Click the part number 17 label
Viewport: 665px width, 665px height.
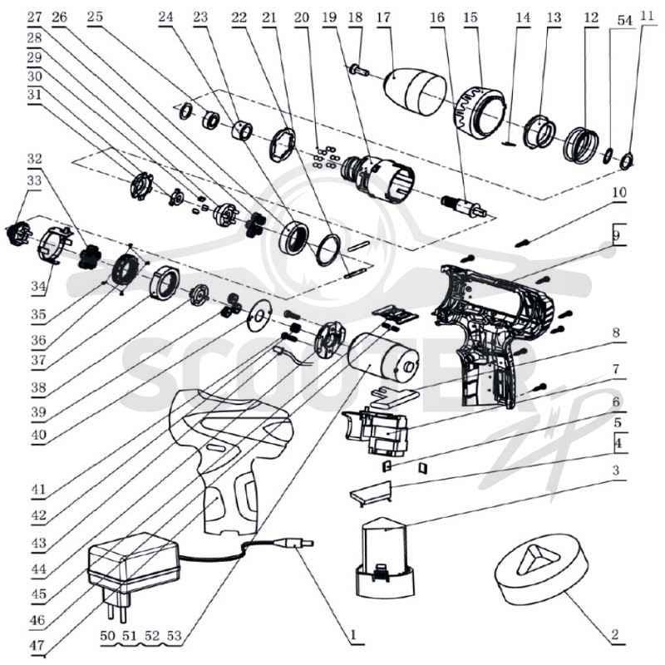click(x=383, y=17)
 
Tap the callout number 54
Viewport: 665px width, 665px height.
click(x=624, y=20)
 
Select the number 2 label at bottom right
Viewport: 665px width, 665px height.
click(x=614, y=634)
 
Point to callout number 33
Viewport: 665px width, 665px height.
click(x=34, y=180)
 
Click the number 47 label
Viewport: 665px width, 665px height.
click(x=37, y=645)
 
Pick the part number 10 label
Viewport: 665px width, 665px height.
click(x=619, y=192)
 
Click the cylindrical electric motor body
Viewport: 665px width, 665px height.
click(x=383, y=359)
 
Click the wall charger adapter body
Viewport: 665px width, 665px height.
click(x=133, y=564)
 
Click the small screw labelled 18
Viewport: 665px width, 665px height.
click(x=360, y=71)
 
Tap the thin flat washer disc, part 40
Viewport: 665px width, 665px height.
click(x=259, y=314)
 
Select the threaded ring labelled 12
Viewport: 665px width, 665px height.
click(x=581, y=144)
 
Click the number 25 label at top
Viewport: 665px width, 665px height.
click(x=95, y=17)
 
